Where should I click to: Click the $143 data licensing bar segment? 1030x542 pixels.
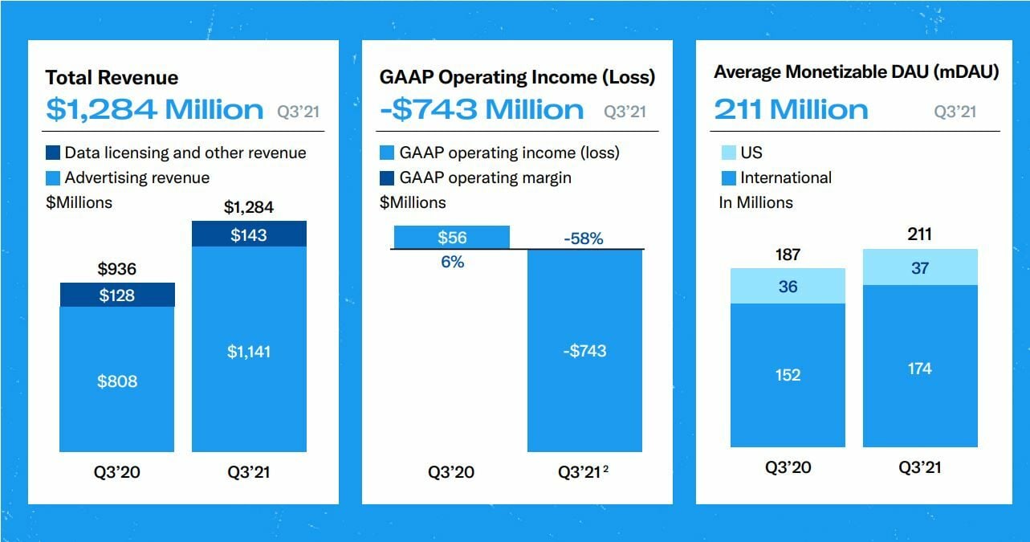click(249, 234)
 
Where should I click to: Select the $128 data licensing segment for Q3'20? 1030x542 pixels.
click(117, 295)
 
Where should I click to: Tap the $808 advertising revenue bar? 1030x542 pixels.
click(117, 380)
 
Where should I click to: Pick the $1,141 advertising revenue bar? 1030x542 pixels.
click(249, 350)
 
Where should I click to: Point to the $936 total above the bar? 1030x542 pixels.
click(117, 269)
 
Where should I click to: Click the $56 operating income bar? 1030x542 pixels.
click(452, 238)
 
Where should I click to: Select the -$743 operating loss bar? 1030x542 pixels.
click(584, 351)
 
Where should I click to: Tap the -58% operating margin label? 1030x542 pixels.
click(584, 238)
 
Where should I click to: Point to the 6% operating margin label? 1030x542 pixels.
click(453, 262)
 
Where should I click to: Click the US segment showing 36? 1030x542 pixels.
click(788, 286)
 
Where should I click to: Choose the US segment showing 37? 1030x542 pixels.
click(920, 267)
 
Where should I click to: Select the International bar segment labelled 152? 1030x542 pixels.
click(788, 375)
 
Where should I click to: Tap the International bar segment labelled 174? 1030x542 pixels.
click(920, 368)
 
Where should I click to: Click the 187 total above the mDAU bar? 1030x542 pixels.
click(788, 255)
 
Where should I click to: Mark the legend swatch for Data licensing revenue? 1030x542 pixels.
click(53, 153)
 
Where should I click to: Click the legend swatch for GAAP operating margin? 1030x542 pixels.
click(387, 178)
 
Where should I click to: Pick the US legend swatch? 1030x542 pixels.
click(727, 153)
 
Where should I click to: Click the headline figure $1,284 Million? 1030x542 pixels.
click(154, 109)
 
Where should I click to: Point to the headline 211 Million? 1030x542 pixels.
click(791, 109)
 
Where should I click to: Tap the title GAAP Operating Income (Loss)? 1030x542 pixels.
click(517, 77)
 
